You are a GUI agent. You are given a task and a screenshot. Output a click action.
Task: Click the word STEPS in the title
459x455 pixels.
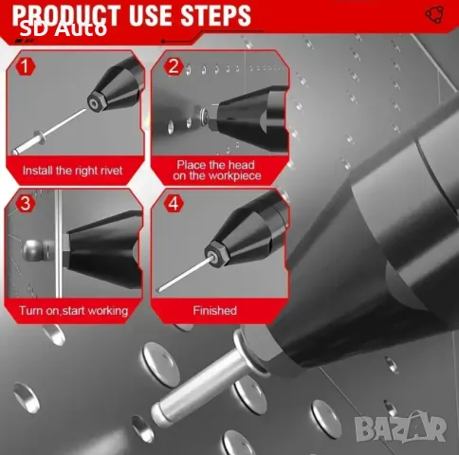216,15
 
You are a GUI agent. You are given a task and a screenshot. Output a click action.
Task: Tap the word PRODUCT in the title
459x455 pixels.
66,15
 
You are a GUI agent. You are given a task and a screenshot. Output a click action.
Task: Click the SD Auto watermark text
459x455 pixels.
64,29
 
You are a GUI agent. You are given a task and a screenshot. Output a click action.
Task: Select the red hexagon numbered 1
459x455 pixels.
25,66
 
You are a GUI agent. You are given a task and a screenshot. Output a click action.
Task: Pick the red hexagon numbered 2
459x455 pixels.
174,66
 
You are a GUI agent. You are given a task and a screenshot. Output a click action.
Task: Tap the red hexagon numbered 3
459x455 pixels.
26,203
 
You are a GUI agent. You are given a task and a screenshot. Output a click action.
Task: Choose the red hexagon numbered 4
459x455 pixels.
174,203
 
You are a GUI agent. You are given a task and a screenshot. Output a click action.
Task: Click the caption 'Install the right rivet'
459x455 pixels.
72,171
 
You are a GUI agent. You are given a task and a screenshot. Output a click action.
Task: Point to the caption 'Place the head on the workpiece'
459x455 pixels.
217,171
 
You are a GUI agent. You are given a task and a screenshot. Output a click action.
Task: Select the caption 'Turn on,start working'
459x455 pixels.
73,311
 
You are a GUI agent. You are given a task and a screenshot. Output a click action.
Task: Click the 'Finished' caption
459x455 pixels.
215,311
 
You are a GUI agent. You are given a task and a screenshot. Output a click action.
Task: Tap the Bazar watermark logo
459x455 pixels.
400,426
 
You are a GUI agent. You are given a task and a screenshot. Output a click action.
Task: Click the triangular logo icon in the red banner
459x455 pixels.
434,14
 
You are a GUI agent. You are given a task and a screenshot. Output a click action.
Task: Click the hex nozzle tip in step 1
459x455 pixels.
94,102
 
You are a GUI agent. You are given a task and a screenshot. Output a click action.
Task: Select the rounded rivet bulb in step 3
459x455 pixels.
34,250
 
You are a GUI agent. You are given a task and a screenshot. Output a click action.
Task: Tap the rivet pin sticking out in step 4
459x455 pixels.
184,274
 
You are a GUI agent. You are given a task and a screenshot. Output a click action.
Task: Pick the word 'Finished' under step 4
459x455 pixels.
215,311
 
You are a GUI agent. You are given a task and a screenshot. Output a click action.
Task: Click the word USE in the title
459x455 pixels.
150,15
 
